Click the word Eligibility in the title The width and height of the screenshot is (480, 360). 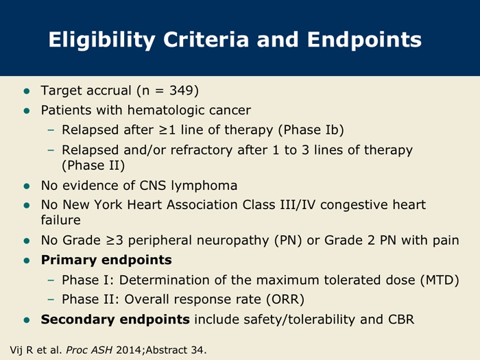(x=101, y=40)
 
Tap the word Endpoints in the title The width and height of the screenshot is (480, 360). (x=364, y=39)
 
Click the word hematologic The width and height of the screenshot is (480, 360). (x=166, y=110)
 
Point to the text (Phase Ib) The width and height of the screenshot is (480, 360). (x=311, y=130)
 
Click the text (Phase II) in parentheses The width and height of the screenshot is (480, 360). (x=93, y=165)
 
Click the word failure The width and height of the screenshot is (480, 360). (x=60, y=220)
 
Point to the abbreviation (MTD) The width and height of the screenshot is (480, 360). (x=440, y=280)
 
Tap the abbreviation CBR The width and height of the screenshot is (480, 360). (x=401, y=320)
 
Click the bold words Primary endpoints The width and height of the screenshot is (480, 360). (x=106, y=260)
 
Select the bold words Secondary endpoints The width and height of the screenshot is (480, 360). (x=115, y=320)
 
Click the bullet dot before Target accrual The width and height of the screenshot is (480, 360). (x=27, y=91)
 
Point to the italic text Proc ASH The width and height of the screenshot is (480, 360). (x=89, y=350)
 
